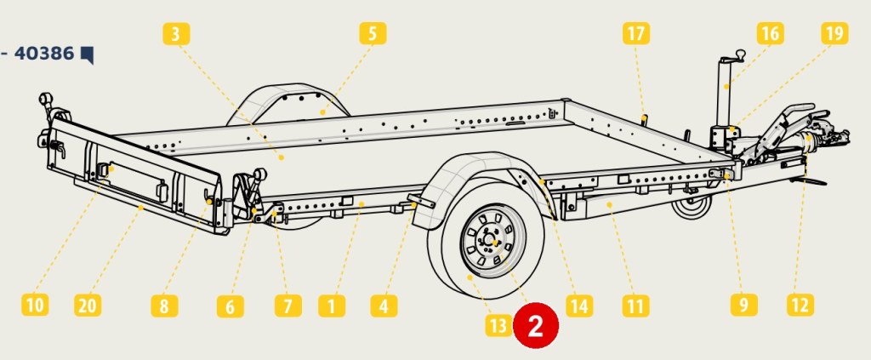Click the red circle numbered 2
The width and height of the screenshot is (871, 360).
pos(536,326)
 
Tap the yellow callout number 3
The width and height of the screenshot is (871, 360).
pos(175,34)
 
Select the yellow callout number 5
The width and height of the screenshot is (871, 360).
pos(373,33)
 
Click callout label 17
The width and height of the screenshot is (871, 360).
pos(635,33)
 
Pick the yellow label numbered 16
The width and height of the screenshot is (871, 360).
pos(770,33)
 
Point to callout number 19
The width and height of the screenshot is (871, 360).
pos(834,33)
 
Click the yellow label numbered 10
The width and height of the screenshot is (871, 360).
pos(34,305)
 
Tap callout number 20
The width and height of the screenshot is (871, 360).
pos(88,305)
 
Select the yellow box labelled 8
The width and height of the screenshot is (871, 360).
pos(164,306)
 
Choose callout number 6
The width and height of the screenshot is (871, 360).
pos(230,306)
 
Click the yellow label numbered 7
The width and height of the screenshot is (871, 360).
pos(287,306)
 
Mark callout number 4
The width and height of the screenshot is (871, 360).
pos(384,306)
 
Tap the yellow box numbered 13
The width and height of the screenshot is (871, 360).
pos(498,326)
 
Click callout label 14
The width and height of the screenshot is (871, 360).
pos(579,306)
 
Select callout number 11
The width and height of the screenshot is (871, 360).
pos(635,306)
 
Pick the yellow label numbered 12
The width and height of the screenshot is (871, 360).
pos(800,305)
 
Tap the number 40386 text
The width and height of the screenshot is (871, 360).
pos(44,54)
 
